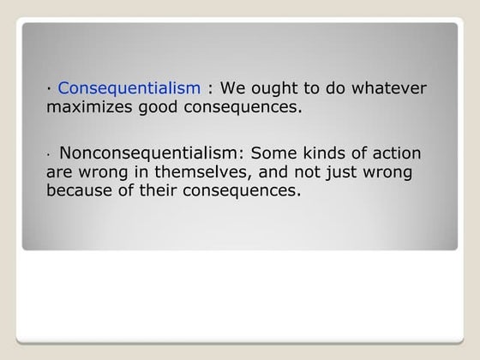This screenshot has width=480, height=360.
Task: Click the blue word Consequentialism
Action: coord(129,88)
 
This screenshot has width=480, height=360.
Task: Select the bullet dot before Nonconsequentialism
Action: coord(49,157)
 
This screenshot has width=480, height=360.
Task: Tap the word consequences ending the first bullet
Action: coord(250,108)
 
